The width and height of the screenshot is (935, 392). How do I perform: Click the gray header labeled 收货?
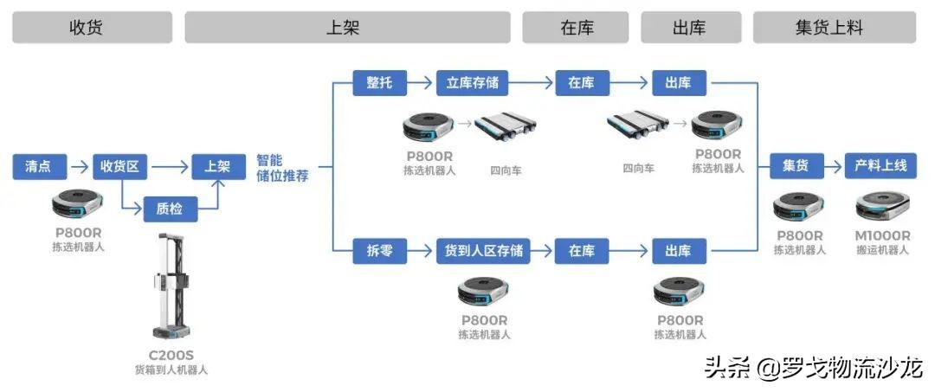coord(86,27)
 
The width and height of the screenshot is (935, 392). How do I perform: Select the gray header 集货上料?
coord(834,27)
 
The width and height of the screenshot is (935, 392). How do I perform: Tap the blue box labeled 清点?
coord(39,166)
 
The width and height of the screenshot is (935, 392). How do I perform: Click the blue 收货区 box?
coord(119,166)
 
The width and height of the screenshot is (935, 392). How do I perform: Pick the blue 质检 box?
coord(170,208)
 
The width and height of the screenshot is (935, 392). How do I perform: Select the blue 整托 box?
coord(379,83)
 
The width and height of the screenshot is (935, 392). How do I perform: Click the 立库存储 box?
coord(472,83)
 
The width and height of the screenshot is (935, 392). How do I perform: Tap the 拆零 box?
coord(379,251)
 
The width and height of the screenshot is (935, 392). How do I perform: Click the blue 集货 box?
coord(796,166)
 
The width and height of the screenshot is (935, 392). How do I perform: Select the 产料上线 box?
coord(880,166)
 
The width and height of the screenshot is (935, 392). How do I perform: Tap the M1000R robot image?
coord(881,207)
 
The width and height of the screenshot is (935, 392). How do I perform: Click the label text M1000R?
coord(881,235)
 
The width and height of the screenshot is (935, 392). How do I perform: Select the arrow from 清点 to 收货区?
coord(79,166)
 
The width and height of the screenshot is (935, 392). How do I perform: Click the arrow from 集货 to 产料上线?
coord(834,166)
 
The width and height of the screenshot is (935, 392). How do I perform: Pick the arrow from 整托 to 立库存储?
coord(421,83)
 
